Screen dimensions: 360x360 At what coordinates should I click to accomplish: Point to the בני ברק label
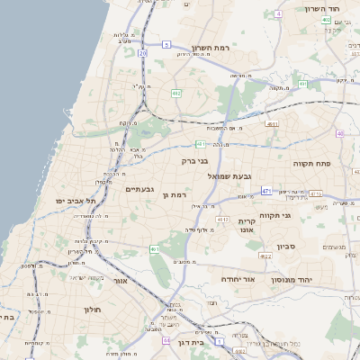[x=195, y=161]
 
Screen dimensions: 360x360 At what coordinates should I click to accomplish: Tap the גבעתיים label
[x=142, y=189]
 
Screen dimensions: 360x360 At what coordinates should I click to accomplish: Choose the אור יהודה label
[x=238, y=280]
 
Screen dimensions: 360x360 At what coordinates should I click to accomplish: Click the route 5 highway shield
[x=166, y=44]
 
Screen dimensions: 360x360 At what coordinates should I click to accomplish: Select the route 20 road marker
[x=143, y=54]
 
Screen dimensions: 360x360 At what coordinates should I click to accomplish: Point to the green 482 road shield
[x=176, y=93]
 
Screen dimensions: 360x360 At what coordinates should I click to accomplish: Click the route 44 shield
[x=166, y=341]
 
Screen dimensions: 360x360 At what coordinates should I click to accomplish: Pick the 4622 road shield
[x=265, y=256]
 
